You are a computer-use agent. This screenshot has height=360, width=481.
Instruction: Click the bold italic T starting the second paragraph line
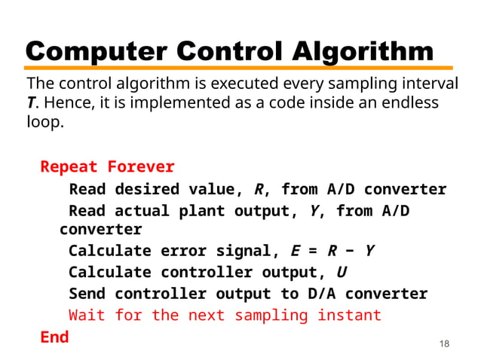point(31,102)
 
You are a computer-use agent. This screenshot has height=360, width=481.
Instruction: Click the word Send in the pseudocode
point(87,294)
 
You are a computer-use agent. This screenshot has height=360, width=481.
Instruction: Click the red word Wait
point(87,315)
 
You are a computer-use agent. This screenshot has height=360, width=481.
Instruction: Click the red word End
point(54,337)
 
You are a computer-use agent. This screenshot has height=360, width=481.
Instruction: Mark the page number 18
point(443,344)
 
